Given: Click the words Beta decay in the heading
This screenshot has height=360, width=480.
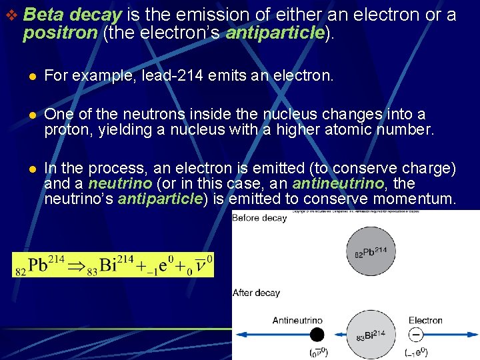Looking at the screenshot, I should coord(71,15).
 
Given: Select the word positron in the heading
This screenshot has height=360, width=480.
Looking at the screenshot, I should coord(59,33).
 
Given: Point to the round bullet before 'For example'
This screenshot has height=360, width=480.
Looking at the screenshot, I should coord(29,77).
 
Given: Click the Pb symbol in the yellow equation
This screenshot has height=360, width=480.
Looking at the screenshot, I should coord(37,265).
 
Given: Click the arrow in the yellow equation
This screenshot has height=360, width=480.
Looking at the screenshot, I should coord(79,265).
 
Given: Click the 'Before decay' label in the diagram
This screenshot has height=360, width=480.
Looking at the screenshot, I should coord(260,218).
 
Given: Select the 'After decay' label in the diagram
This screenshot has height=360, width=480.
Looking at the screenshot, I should coord(256,293).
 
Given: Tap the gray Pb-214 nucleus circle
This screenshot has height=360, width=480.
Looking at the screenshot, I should coord(371,252).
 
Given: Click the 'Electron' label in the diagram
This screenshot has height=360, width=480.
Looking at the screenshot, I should coord(425,320).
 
